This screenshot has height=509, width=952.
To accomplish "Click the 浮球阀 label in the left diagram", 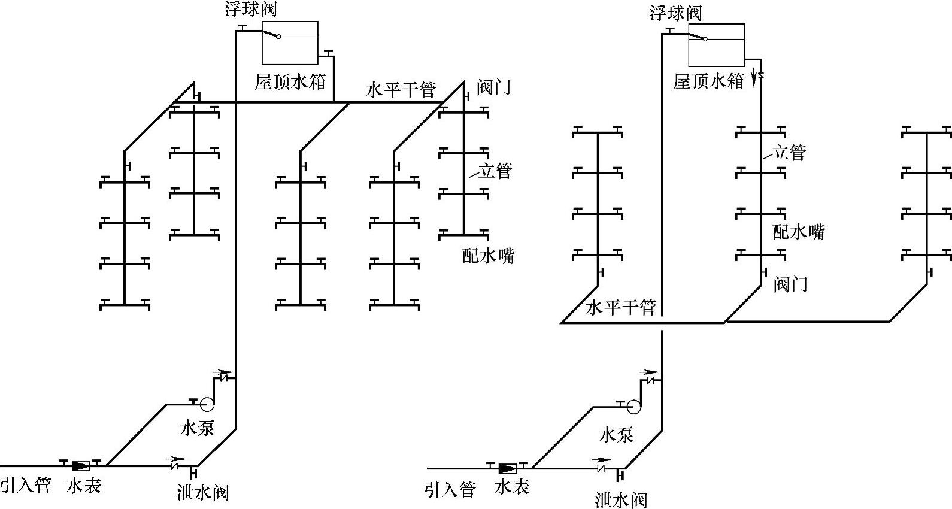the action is coord(251,8).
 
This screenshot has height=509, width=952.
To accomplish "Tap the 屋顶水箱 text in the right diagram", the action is coord(708,81).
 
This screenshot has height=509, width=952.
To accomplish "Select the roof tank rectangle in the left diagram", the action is coord(290,43).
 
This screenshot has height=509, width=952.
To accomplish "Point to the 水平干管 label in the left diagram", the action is coord(401,90).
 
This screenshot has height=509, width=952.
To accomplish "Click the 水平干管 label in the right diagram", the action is coord(621,307).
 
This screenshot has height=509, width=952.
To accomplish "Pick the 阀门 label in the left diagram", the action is coord(493,87).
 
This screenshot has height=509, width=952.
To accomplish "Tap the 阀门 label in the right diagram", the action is coord(790,284).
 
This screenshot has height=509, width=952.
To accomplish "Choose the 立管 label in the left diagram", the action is coord(495,171).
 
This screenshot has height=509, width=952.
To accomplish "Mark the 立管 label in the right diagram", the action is coord(789,153).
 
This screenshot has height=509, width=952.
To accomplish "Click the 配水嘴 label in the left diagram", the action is coord(489,256).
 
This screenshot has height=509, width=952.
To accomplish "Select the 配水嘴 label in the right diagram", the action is coord(799,232).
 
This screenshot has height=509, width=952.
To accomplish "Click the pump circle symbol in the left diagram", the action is coord(207,404).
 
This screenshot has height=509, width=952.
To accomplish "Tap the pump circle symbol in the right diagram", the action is coord(633,407).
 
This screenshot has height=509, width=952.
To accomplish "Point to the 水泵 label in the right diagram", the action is coord(616,435).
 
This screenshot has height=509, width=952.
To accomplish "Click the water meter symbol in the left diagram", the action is coord(81,466).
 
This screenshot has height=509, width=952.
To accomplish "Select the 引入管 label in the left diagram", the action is coord(26,485).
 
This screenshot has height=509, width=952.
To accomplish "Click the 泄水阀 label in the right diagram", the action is coord(621,500).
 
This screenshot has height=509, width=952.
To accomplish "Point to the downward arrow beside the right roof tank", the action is coord(755,78).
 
